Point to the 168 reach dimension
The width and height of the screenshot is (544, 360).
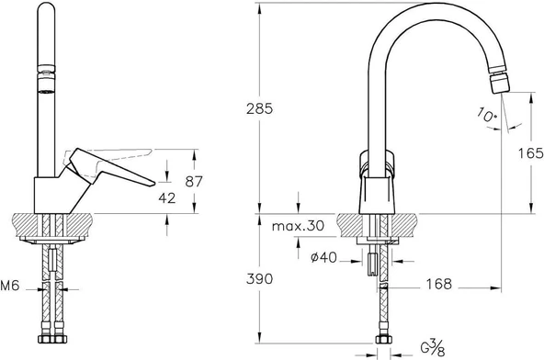(x=438, y=285)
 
